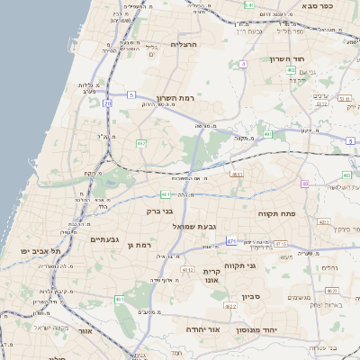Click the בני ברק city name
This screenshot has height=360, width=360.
pyautogui.click(x=159, y=211)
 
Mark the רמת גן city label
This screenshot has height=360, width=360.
pyautogui.click(x=143, y=245)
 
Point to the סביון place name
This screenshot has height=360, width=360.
pyautogui.click(x=250, y=296)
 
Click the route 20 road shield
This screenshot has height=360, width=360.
pyautogui.click(x=106, y=103)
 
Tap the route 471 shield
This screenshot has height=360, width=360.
pyautogui.click(x=231, y=241)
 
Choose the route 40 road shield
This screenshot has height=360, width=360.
pyautogui.click(x=305, y=184)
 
